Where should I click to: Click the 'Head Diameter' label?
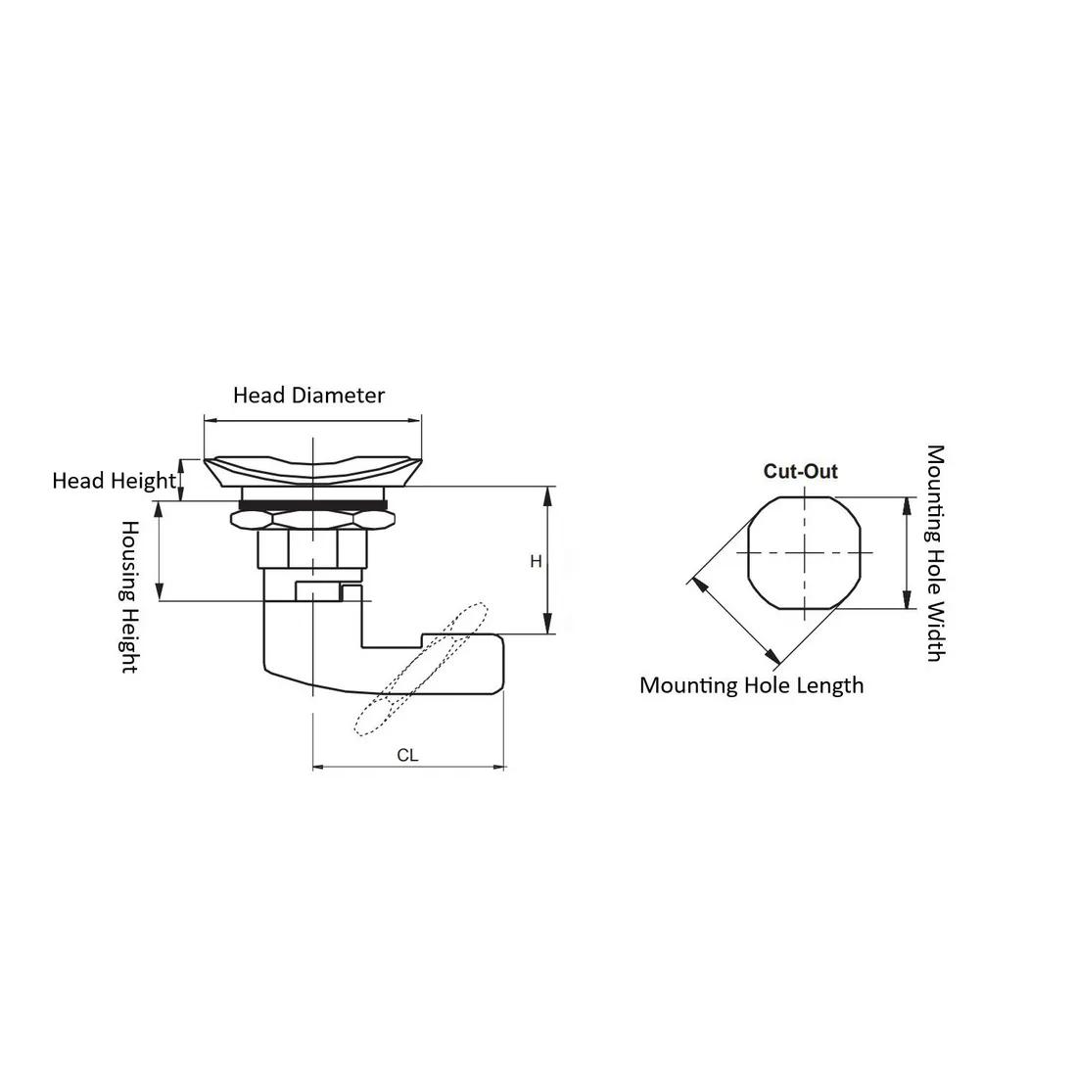coord(308,395)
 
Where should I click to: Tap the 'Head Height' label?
coord(114,480)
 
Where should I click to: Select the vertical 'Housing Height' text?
coord(129,596)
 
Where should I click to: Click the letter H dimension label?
coord(536,561)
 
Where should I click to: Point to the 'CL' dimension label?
coord(407,755)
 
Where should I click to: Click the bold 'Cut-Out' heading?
coord(801,471)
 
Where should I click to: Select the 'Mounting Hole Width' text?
coord(935,553)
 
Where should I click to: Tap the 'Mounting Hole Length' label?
coord(751,685)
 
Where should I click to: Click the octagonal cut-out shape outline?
coord(748,553)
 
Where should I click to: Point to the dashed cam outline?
coord(420,669)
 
